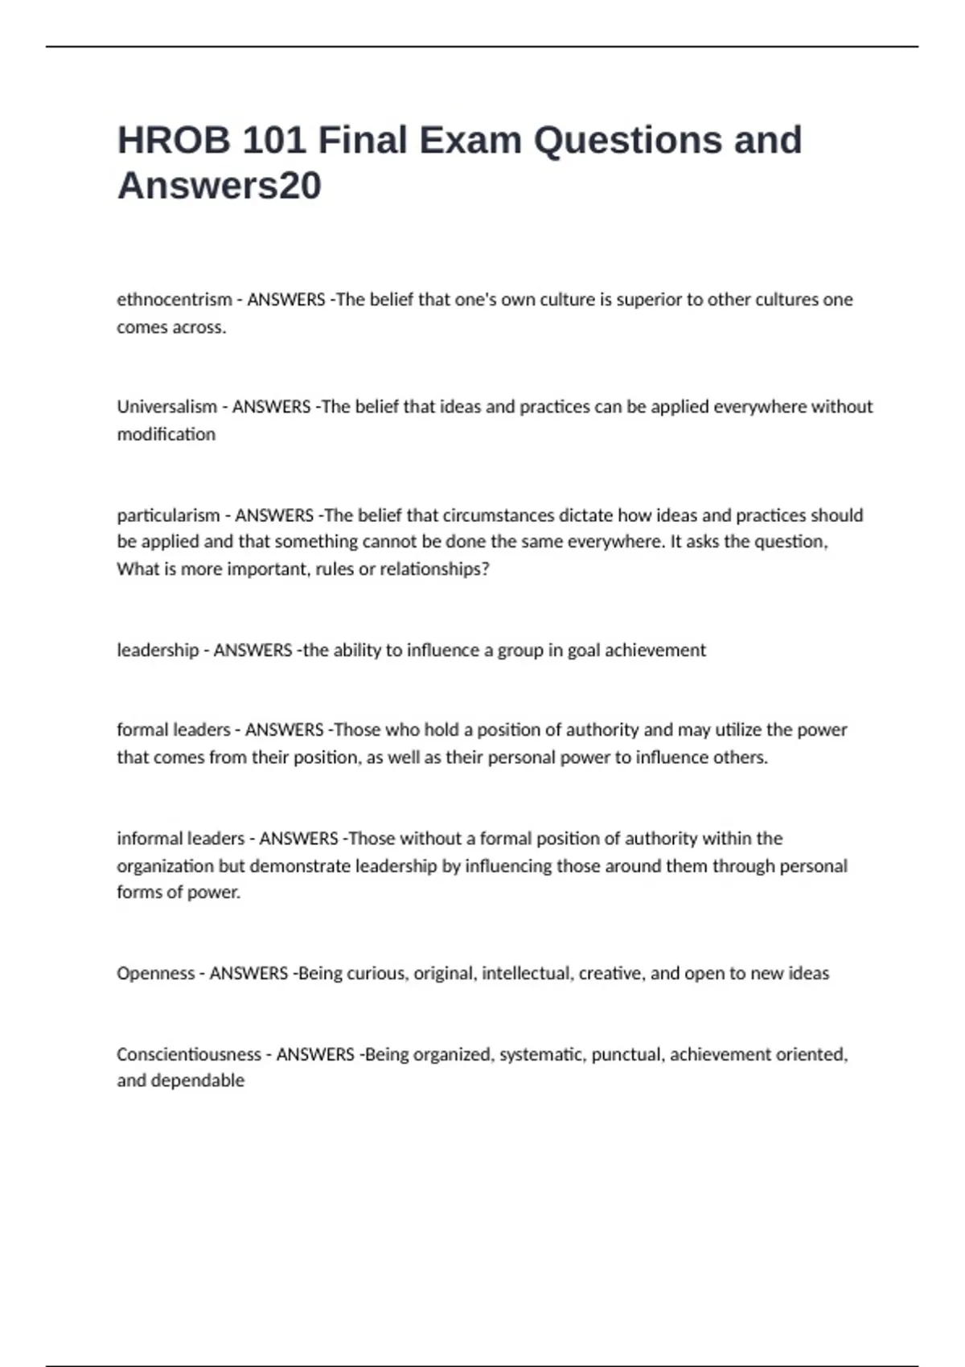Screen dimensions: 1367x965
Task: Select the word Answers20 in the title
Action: coord(220,186)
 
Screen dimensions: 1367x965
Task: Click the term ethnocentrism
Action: coord(174,300)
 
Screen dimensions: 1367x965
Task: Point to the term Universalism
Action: coord(166,407)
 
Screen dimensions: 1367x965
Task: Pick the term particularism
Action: coord(168,515)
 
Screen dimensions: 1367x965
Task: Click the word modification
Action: coord(166,434)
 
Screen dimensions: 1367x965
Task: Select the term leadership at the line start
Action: coord(158,650)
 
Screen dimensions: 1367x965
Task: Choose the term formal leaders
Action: coord(173,730)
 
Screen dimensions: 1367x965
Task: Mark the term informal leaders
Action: coord(180,839)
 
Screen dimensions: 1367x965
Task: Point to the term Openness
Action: coord(155,973)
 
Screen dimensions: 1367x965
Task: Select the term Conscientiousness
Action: coord(189,1054)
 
